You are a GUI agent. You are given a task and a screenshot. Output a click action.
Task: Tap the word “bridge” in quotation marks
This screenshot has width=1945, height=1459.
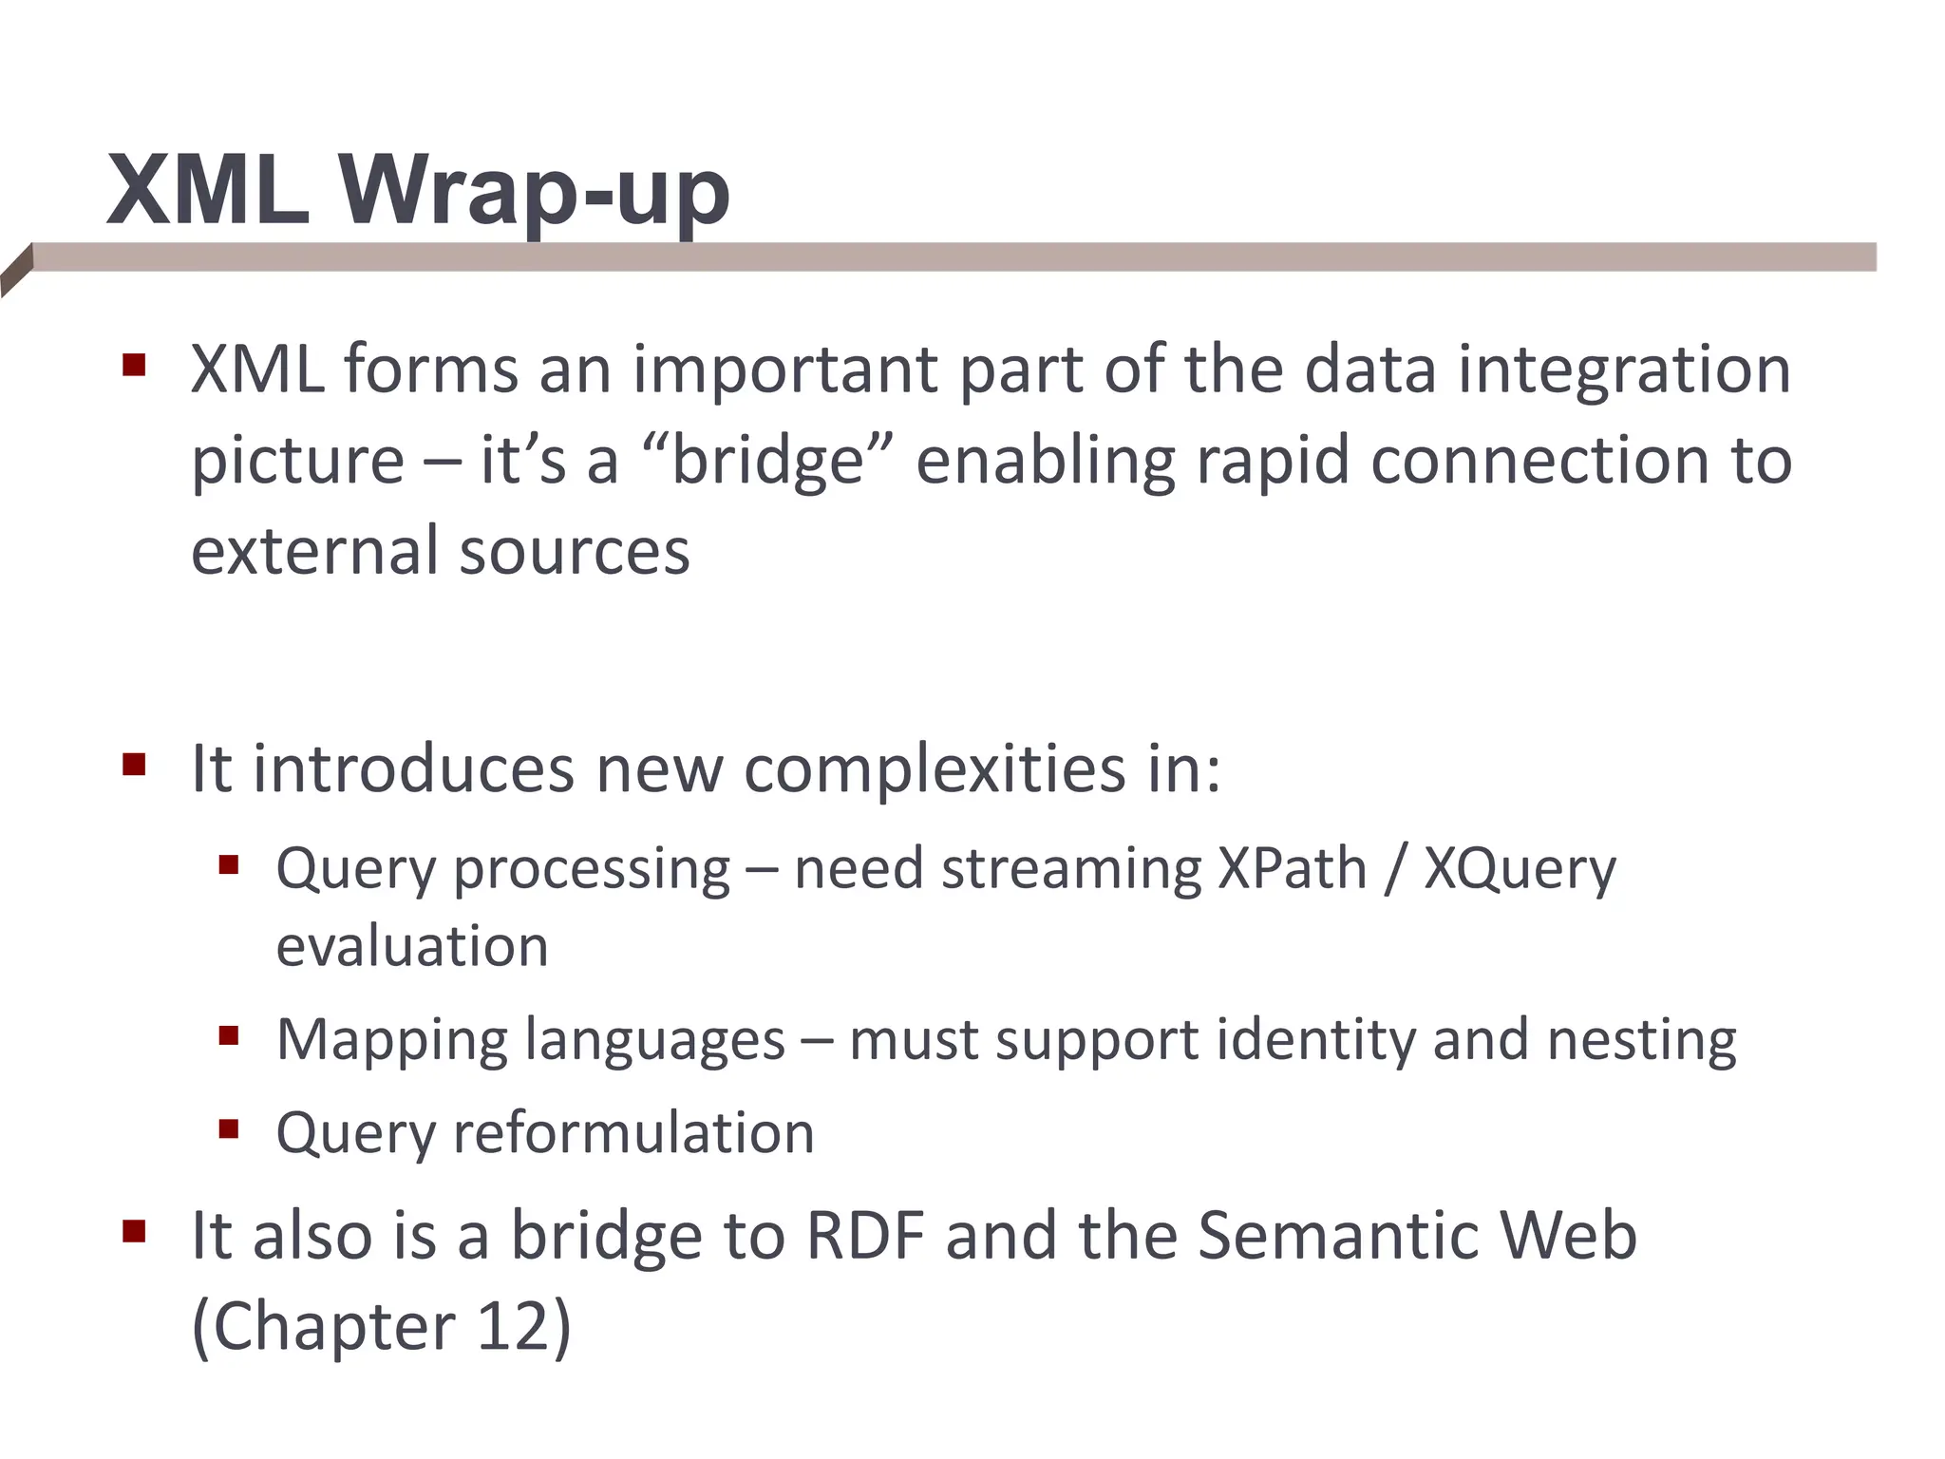tap(767, 462)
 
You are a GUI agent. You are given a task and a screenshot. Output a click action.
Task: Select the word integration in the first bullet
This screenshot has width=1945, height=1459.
tap(1624, 370)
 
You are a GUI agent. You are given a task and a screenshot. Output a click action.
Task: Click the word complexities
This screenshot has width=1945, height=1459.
tap(935, 768)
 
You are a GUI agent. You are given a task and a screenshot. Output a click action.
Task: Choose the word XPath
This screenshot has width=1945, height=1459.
tap(1292, 869)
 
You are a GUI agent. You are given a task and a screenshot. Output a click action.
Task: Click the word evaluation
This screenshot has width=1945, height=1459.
tap(412, 947)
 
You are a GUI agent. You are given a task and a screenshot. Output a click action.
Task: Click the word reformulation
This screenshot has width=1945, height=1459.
tap(633, 1133)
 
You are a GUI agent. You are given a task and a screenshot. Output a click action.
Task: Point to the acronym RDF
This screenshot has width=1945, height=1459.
tap(864, 1236)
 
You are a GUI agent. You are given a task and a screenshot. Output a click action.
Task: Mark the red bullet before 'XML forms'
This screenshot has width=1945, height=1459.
tap(134, 366)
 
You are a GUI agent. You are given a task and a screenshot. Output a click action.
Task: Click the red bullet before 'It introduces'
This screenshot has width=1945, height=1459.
tap(134, 765)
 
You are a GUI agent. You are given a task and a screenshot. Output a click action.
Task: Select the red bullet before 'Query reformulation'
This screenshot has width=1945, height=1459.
tap(228, 1129)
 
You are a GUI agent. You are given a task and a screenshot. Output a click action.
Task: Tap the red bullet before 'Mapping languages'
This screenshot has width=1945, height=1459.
tap(228, 1035)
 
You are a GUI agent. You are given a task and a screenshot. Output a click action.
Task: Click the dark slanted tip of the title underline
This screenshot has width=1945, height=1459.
tap(17, 270)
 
